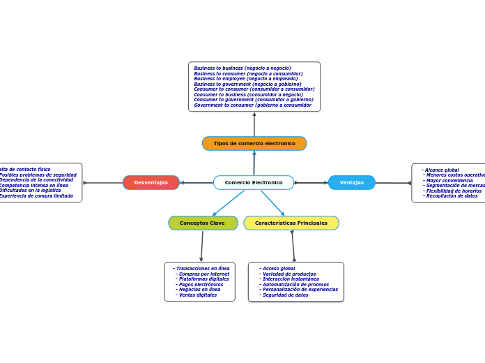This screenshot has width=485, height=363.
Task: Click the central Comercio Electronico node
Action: tap(254, 182)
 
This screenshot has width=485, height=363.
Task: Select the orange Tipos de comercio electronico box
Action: tap(254, 143)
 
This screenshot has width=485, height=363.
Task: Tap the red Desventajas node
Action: tap(151, 182)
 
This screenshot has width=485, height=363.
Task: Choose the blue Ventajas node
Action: tap(352, 182)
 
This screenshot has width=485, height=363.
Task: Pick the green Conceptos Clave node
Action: tap(203, 223)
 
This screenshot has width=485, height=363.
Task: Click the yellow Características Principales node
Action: tap(291, 223)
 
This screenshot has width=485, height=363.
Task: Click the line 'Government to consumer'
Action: tap(252, 105)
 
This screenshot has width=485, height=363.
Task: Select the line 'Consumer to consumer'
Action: tap(254, 89)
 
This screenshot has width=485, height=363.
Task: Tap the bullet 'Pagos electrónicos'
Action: tap(201, 284)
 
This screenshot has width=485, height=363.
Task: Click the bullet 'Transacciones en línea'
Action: tap(202, 268)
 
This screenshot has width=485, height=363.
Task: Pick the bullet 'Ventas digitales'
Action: tap(197, 295)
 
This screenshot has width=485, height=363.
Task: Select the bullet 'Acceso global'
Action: tap(279, 268)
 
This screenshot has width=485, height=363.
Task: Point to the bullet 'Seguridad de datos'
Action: tap(285, 295)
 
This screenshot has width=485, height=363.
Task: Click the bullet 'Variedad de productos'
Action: tap(288, 274)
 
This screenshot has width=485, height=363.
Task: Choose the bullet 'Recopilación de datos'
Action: tap(452, 196)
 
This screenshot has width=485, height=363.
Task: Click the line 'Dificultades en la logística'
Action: tap(30, 191)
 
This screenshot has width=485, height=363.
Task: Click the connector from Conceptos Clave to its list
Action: tap(202, 246)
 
